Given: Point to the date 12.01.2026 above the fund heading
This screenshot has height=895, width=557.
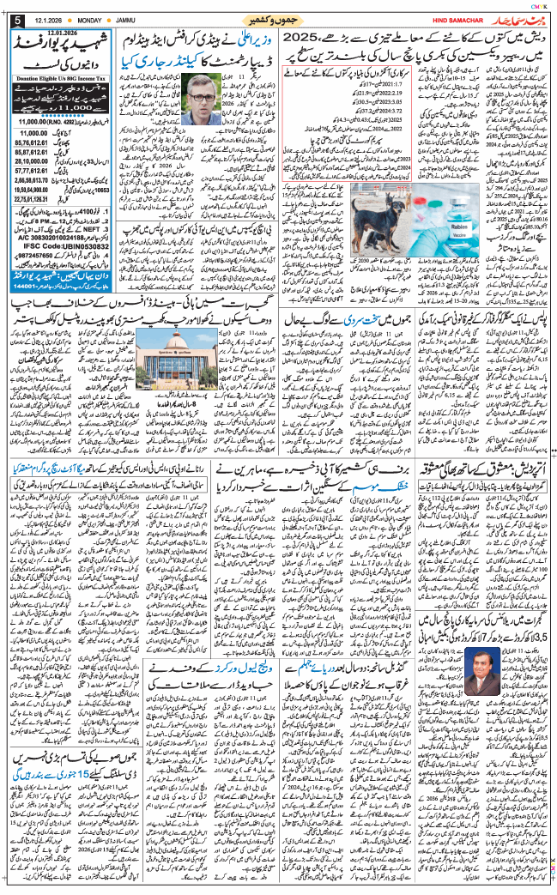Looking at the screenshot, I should [x=70, y=32].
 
